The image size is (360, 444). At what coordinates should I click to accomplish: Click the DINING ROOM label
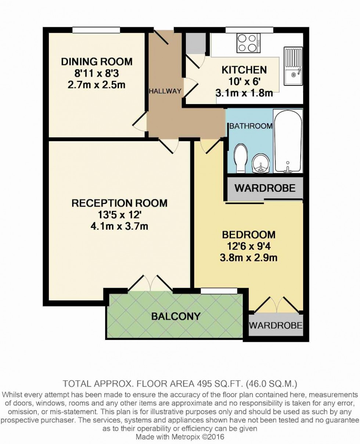pos(97,61)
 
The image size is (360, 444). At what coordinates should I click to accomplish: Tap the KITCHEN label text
pos(244,69)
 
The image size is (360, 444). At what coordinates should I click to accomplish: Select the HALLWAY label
pos(165,91)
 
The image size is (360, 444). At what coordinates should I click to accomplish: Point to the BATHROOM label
pos(251,126)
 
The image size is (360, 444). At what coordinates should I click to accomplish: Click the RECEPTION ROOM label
pos(119,203)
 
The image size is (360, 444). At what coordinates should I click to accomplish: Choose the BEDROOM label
pos(249,234)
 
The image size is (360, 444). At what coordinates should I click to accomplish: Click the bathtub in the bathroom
pos(288,142)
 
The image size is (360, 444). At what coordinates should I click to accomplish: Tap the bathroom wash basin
pos(261,163)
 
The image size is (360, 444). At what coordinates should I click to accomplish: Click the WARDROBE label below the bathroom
pos(265,189)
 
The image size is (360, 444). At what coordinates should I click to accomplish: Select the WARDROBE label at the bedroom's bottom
pos(276,325)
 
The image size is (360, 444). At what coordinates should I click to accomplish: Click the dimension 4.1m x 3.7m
pos(119,226)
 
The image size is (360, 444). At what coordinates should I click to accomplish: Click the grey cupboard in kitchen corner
pos(195,43)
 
